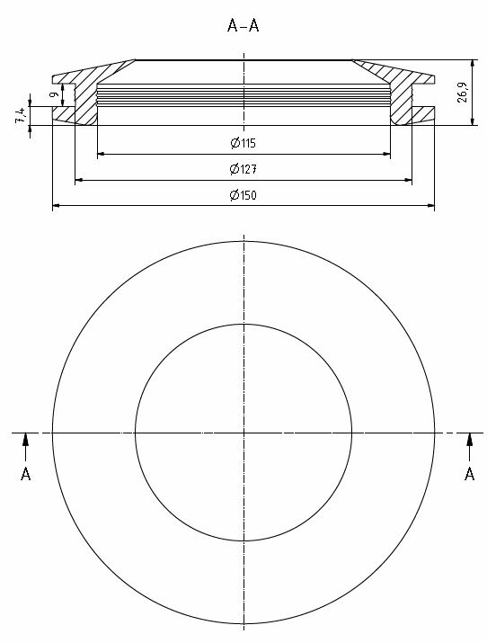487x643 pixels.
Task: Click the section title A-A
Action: [x=243, y=26]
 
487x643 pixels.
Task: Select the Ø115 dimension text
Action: [x=243, y=143]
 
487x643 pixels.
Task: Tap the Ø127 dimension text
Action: [x=243, y=169]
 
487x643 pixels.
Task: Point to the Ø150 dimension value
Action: [x=243, y=195]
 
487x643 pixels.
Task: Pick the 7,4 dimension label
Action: [x=20, y=115]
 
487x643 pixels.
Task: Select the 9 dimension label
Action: [x=54, y=94]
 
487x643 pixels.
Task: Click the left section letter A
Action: [x=25, y=474]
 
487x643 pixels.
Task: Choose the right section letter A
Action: [x=468, y=474]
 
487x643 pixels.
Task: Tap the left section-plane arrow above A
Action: [x=25, y=441]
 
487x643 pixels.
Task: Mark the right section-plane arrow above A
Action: [x=468, y=441]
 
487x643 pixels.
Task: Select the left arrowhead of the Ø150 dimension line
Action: [x=58, y=207]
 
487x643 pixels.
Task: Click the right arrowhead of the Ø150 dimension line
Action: [x=429, y=207]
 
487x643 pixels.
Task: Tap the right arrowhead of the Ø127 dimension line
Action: [x=408, y=181]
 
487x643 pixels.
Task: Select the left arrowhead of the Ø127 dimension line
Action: [x=79, y=181]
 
